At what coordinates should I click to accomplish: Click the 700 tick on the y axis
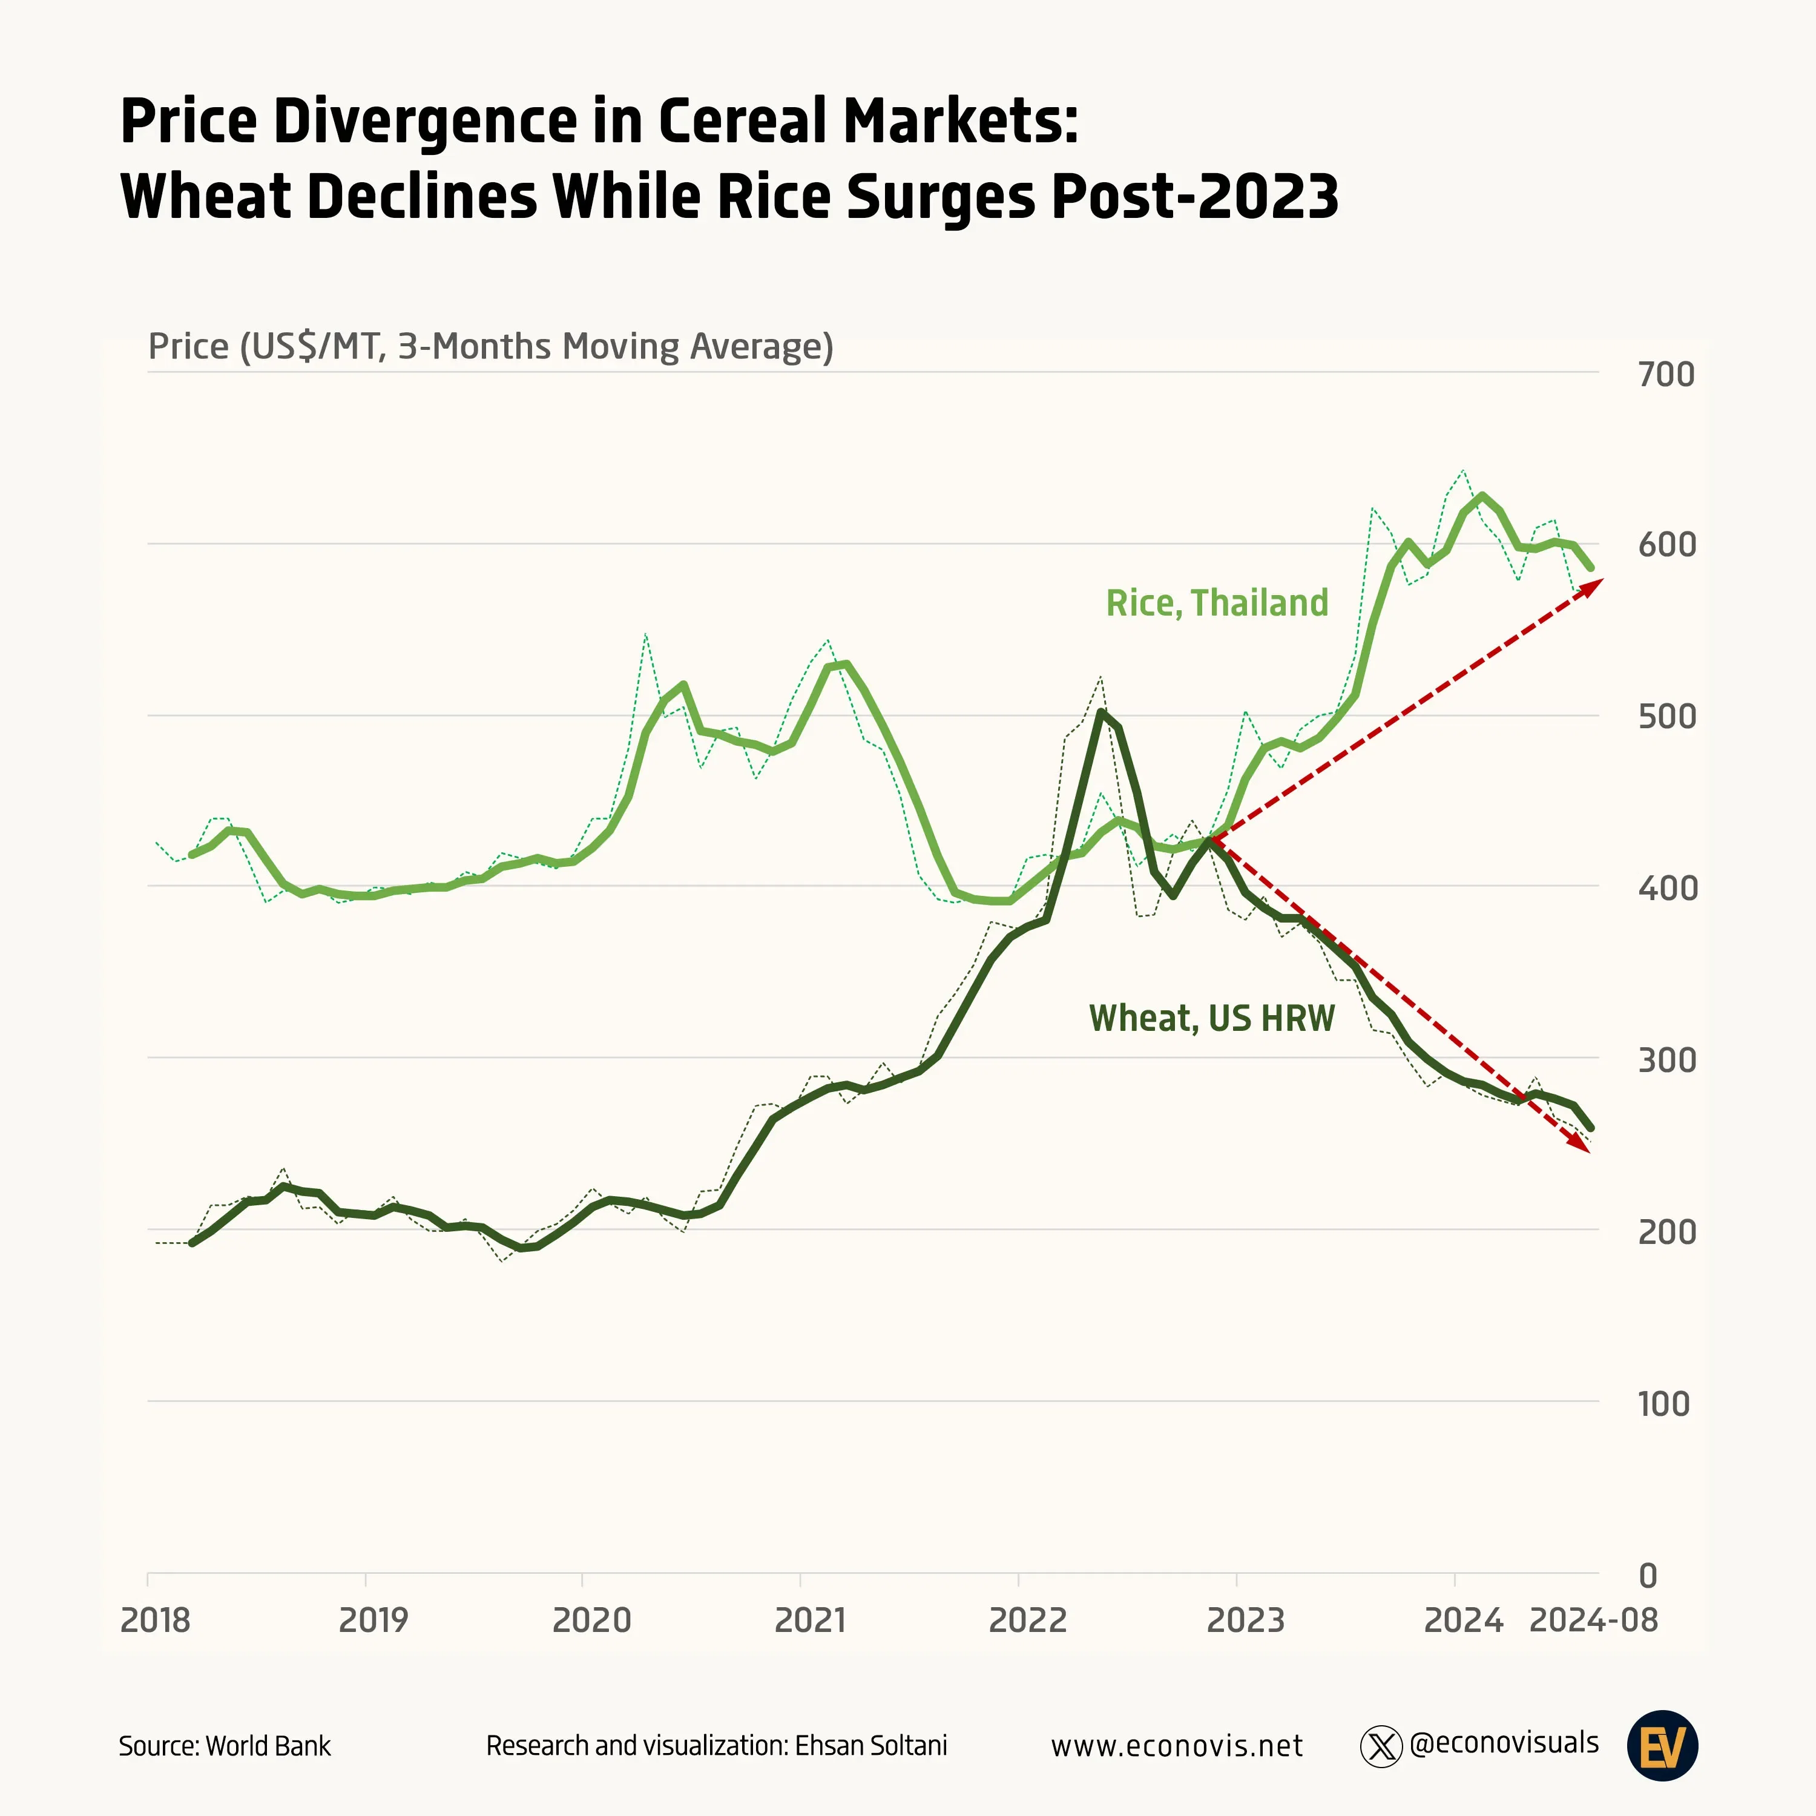pyautogui.click(x=1666, y=375)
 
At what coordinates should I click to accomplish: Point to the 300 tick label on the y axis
pyautogui.click(x=1666, y=1061)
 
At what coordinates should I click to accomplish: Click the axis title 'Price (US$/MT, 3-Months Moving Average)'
pyautogui.click(x=491, y=347)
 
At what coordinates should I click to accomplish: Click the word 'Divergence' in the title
pyautogui.click(x=428, y=122)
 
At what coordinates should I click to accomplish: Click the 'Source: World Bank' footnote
pyautogui.click(x=225, y=1746)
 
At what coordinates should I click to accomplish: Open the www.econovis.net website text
pyautogui.click(x=1176, y=1746)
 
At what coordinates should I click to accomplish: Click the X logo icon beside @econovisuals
pyautogui.click(x=1381, y=1746)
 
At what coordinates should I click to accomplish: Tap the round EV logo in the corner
pyautogui.click(x=1662, y=1746)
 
